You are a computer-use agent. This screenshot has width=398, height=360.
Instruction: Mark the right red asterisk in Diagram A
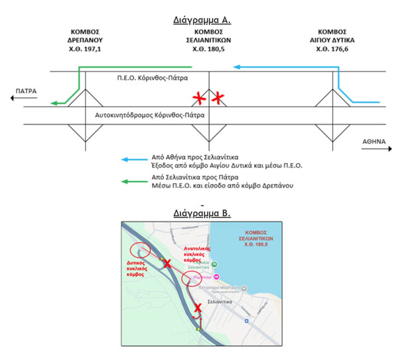[218, 99]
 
